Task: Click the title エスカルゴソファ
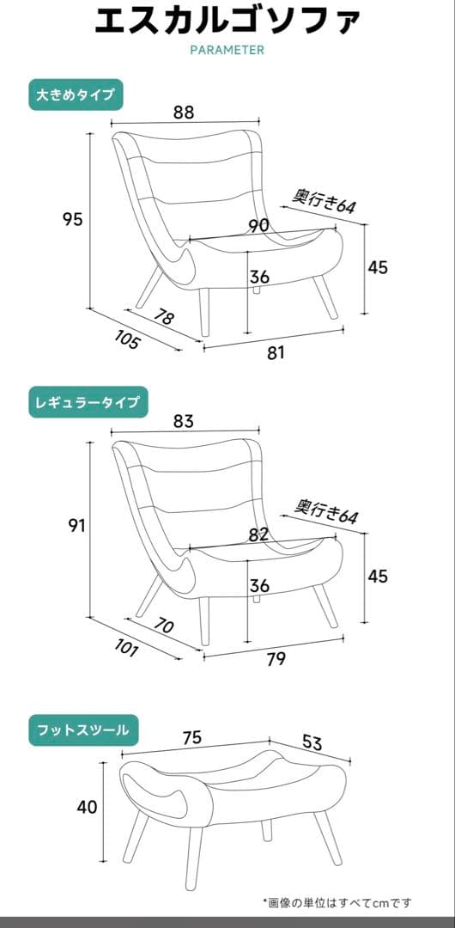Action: [227, 20]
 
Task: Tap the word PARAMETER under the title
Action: [227, 50]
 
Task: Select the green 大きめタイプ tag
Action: [76, 95]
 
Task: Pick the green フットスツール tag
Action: [82, 730]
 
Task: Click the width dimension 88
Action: [183, 112]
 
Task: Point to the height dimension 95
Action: [73, 219]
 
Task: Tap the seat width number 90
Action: [258, 225]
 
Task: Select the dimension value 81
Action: [276, 352]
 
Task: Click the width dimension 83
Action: [183, 421]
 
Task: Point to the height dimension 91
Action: [77, 526]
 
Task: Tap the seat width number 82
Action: [258, 534]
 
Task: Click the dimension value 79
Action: [276, 659]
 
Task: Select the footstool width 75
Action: [192, 736]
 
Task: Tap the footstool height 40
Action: [87, 807]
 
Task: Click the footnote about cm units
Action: [337, 902]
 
